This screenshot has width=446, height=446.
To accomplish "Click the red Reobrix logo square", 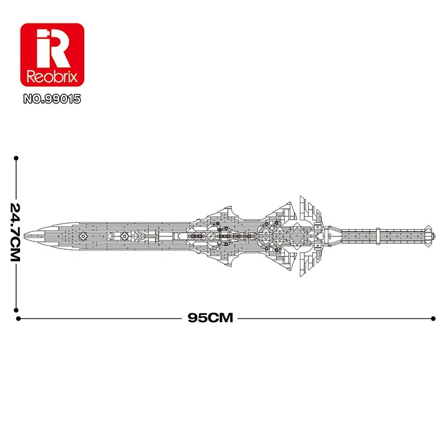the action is click(52, 55).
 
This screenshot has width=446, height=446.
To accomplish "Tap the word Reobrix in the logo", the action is click(52, 76).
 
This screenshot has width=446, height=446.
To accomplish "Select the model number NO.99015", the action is click(52, 99).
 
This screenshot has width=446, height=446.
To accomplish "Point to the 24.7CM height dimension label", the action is click(15, 232).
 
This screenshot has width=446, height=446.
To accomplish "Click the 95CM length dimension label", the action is click(210, 318).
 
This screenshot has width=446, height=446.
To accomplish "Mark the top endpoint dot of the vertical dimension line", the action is click(16, 158).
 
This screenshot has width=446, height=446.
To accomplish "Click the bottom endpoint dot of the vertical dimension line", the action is click(16, 310).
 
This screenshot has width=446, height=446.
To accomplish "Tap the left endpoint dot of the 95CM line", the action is click(18, 318).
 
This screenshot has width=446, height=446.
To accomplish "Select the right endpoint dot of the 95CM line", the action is click(433, 318).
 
